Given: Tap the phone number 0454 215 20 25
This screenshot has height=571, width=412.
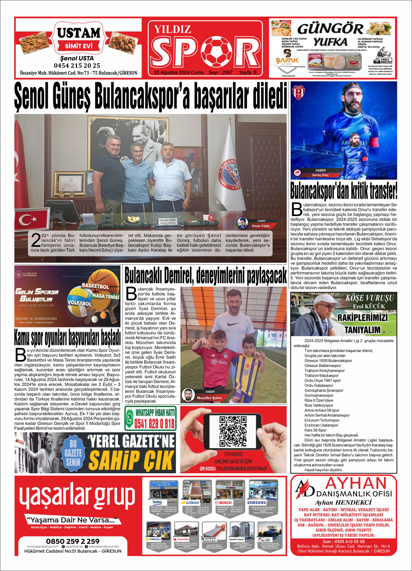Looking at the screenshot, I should (x=77, y=66).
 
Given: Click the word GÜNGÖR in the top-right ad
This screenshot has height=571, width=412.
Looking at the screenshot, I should (x=330, y=29).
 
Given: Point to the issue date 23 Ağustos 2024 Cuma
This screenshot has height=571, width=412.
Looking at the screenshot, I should (x=179, y=72).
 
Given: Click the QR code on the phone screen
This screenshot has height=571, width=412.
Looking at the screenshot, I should (x=233, y=431).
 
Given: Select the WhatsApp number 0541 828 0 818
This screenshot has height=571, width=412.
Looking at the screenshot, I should (x=154, y=424).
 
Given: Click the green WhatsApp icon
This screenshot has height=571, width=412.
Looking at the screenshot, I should (x=130, y=419).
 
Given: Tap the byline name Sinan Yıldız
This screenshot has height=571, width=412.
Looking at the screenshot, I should (x=261, y=226).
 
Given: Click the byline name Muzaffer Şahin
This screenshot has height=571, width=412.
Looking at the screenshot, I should (x=209, y=398).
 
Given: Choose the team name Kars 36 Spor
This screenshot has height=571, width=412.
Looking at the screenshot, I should (x=315, y=430).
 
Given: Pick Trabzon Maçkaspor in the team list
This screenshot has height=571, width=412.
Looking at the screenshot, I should (x=321, y=375).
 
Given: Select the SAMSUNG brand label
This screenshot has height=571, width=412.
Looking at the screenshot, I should (x=256, y=502).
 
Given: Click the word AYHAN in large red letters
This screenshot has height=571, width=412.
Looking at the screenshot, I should (x=356, y=483).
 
